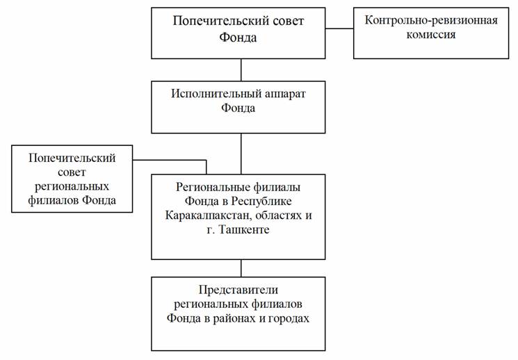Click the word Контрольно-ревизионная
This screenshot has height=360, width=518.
tap(431, 20)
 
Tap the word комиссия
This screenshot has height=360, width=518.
tap(431, 35)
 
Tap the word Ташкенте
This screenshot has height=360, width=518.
tap(245, 229)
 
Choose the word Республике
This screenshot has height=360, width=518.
tap(261, 201)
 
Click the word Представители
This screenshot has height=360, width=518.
tap(238, 290)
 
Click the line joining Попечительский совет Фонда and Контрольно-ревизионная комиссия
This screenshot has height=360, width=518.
tap(339, 28)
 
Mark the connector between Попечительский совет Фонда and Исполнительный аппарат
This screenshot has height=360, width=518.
tap(241, 70)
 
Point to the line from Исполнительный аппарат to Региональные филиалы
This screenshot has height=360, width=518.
tap(241, 154)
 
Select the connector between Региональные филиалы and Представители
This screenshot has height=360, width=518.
tap(241, 268)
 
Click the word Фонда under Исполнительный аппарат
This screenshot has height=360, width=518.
tap(238, 108)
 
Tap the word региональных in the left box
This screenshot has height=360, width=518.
tap(72, 187)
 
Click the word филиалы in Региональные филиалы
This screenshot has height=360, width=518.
tap(277, 187)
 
